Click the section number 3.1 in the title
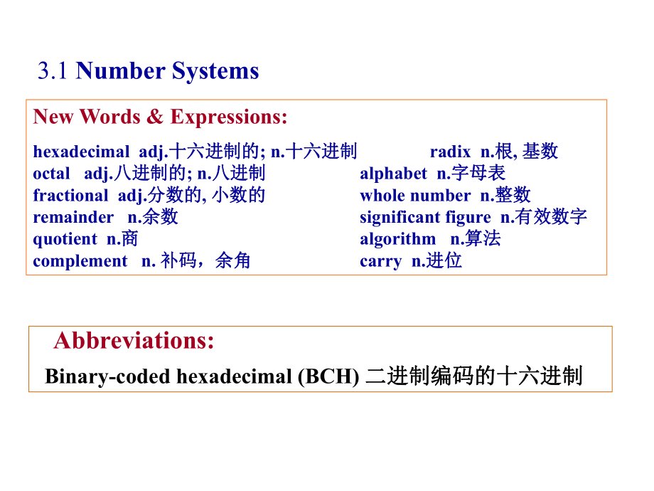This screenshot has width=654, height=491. click(53, 71)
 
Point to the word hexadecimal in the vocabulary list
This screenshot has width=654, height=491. click(81, 152)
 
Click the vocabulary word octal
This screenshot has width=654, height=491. click(51, 174)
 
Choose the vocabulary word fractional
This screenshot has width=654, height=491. click(70, 196)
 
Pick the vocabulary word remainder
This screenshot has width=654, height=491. click(73, 217)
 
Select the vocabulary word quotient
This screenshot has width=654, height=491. click(65, 239)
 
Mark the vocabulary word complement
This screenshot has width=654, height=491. click(80, 261)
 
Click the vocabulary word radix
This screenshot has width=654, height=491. click(450, 152)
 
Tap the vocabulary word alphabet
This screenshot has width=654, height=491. click(393, 174)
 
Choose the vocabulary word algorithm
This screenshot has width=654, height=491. click(397, 239)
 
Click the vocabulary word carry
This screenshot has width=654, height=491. click(380, 261)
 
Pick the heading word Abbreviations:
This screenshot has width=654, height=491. click(134, 341)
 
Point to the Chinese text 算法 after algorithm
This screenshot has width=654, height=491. click(483, 239)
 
